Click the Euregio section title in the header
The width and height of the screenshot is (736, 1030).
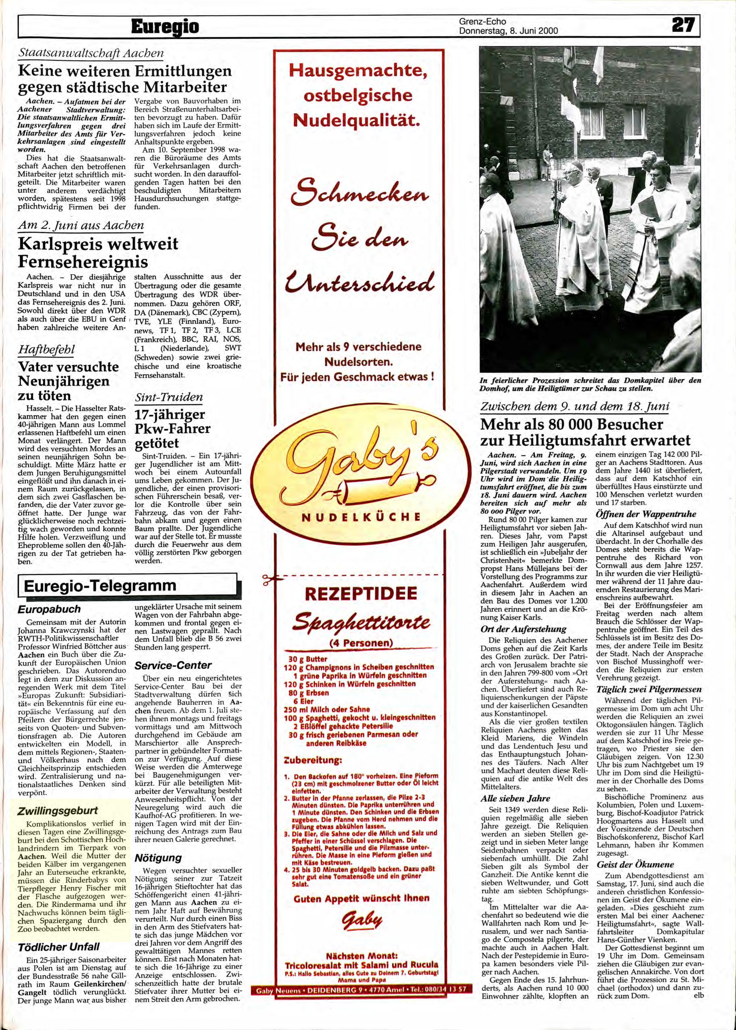point(165,27)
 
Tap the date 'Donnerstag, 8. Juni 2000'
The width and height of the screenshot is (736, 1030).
point(508,31)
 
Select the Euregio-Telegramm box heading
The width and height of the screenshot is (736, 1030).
point(99,585)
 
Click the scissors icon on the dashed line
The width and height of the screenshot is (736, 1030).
point(268,580)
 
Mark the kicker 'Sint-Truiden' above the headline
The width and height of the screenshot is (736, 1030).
point(168,398)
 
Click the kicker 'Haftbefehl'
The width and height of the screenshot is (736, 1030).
point(46,350)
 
